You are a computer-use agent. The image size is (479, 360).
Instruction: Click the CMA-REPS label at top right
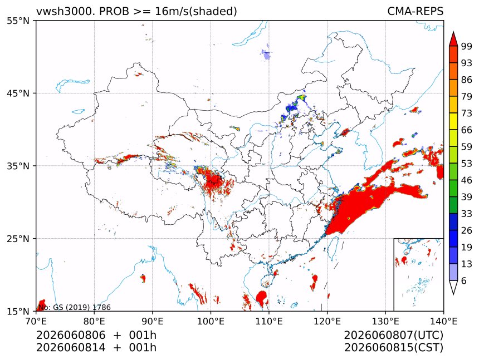[x=415, y=11]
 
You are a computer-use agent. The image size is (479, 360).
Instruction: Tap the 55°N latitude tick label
[x=18, y=21]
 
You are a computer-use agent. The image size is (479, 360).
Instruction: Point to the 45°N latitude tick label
[x=18, y=93]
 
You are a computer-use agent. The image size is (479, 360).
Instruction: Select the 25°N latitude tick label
[x=18, y=239]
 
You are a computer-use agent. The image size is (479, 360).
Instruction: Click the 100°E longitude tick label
[x=211, y=321]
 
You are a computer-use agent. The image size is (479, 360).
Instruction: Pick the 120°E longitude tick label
[x=327, y=321]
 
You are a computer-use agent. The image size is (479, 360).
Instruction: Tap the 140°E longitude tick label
[x=443, y=321]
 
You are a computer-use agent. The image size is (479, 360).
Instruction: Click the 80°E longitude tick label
[x=94, y=321]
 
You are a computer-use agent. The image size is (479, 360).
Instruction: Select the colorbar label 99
[x=467, y=46]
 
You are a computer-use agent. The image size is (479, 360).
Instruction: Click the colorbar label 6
[x=464, y=280]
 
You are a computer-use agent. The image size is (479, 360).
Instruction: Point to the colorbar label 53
[x=467, y=164]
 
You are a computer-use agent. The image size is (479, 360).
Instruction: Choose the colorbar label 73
[x=467, y=113]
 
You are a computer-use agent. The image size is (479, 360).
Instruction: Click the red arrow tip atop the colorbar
[x=453, y=32]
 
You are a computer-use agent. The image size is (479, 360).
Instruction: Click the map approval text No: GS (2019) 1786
[x=74, y=307]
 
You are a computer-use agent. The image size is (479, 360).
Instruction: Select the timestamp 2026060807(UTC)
[x=393, y=335]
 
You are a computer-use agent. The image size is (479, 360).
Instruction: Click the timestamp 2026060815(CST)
[x=393, y=348]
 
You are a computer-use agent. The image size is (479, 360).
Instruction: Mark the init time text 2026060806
[x=71, y=335]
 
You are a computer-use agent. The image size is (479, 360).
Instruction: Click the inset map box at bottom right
[x=394, y=274]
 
